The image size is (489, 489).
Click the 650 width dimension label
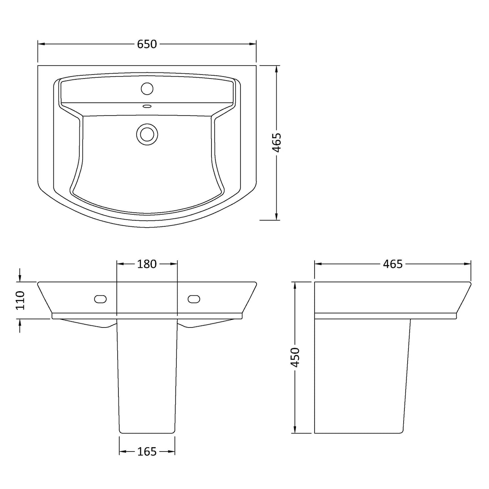pyautogui.click(x=147, y=44)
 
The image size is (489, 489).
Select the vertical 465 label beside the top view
pyautogui.click(x=276, y=143)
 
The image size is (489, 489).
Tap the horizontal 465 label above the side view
pyautogui.click(x=392, y=264)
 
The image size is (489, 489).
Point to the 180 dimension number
pyautogui.click(x=147, y=264)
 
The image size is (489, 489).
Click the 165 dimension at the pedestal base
pyautogui.click(x=147, y=452)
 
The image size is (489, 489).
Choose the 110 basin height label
pyautogui.click(x=20, y=300)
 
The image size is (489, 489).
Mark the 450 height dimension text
pyautogui.click(x=295, y=357)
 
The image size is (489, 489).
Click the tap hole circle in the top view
pyautogui.click(x=147, y=88)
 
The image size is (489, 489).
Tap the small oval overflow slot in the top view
pyautogui.click(x=147, y=107)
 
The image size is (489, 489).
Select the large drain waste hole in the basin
pyautogui.click(x=147, y=134)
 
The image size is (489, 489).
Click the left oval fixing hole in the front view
pyautogui.click(x=100, y=299)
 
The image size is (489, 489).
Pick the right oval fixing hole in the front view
pyautogui.click(x=194, y=299)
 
